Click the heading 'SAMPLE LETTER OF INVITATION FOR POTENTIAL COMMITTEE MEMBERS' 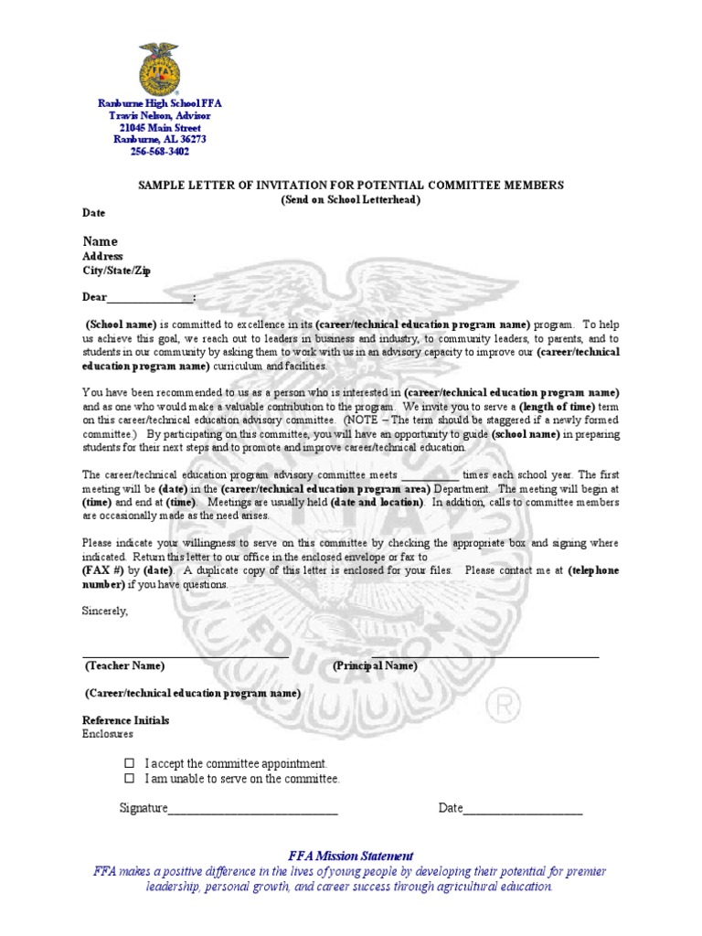click(351, 185)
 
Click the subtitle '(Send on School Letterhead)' click(351, 199)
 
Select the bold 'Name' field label click(101, 241)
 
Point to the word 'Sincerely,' click(106, 610)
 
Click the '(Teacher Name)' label click(124, 666)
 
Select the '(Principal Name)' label click(375, 666)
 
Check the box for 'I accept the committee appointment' click(129, 763)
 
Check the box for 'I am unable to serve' click(129, 779)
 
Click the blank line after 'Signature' click(253, 809)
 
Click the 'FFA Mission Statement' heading click(351, 856)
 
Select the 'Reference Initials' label click(126, 720)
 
